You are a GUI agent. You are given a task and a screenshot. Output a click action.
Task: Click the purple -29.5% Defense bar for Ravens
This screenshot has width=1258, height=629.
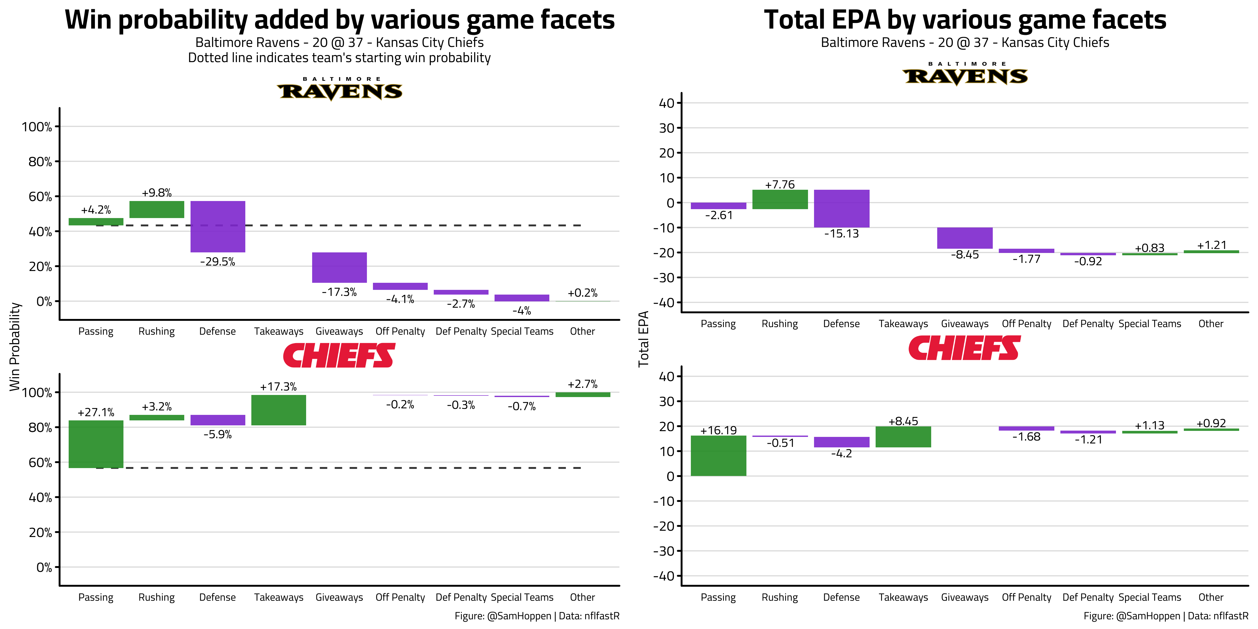point(218,227)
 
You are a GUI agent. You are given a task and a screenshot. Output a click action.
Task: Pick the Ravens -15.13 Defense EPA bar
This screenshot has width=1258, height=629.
point(842,209)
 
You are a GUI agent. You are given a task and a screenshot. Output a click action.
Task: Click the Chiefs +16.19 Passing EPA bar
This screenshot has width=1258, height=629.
point(718,456)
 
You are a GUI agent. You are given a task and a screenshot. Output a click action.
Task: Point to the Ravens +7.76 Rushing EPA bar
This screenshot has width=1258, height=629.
point(780,199)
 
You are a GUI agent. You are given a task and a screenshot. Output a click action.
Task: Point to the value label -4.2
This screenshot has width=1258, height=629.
point(842,454)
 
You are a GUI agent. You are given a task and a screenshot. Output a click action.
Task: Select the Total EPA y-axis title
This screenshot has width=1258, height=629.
point(644,339)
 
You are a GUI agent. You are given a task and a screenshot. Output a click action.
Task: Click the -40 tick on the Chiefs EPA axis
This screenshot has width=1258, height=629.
point(664,576)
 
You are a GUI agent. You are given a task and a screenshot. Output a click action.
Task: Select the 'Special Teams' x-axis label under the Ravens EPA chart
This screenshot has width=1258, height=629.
point(1149,324)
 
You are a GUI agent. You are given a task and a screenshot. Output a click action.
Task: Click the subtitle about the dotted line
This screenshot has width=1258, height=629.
point(339,58)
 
